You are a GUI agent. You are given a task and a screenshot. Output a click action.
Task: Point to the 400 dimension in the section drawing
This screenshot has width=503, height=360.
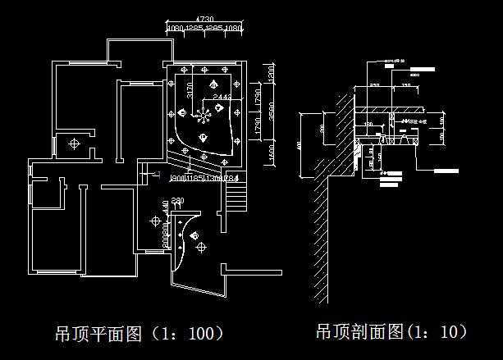(x=300, y=145)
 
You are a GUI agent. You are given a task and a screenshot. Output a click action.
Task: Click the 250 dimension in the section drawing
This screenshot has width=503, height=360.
(x=374, y=84)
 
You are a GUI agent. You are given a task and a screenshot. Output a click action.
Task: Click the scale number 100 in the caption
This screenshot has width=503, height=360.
(x=203, y=334)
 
